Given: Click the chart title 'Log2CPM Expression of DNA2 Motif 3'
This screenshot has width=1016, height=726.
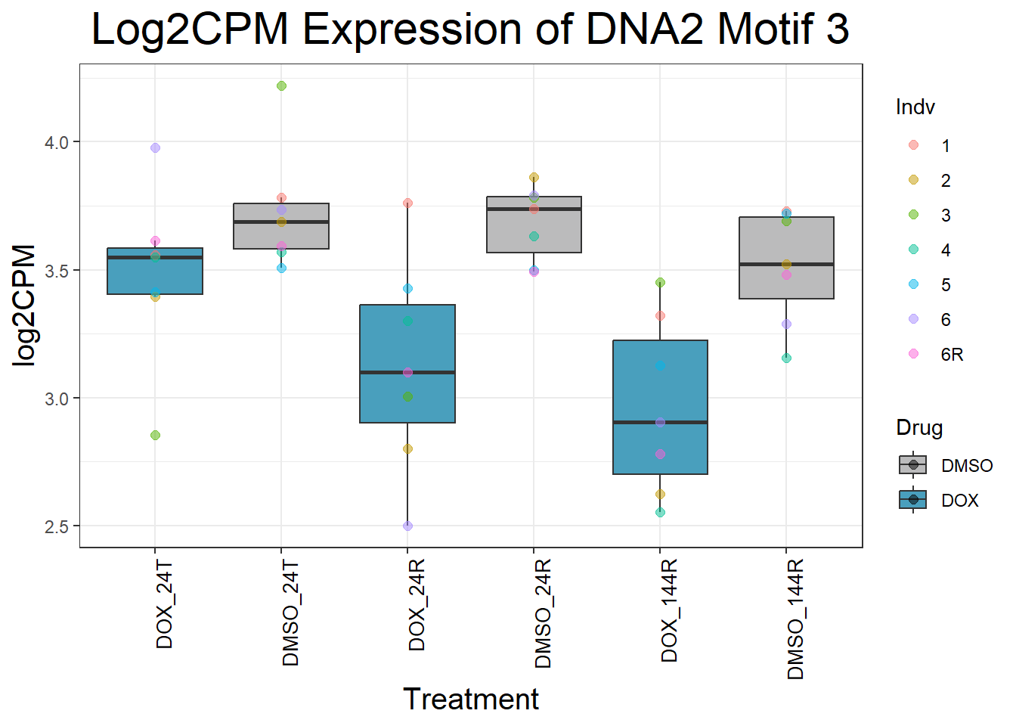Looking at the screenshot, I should pos(470,29).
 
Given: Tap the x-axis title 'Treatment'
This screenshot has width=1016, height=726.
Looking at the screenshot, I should pos(470,699).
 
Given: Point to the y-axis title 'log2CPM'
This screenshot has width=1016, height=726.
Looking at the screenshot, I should pos(25,306).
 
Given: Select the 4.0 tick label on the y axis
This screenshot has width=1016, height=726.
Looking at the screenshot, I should pos(57,142).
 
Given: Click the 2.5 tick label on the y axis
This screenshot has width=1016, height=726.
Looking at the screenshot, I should pos(57,526).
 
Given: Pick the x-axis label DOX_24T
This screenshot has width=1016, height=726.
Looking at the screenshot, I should pos(164,605).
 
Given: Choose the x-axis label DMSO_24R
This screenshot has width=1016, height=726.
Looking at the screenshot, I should pos(543,613).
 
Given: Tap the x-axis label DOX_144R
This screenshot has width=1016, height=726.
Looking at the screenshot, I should pos(669,611).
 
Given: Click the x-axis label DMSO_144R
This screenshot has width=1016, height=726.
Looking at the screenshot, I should pos(795,619).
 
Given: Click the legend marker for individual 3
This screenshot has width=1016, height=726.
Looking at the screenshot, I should pos(913,215).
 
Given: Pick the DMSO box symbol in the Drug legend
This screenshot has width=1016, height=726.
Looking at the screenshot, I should pos(913,464).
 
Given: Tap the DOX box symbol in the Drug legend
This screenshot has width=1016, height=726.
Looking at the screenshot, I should pos(913,500).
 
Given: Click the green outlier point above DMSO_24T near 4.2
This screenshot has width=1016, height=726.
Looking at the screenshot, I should pos(281,86).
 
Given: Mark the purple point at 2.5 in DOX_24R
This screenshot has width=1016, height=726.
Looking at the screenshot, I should pos(407,526).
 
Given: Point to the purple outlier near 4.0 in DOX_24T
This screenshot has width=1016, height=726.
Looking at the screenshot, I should pos(155,148).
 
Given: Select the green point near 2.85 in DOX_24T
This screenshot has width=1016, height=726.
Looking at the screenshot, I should pos(155,435).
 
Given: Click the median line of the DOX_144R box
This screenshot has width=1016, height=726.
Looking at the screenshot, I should pos(660,422).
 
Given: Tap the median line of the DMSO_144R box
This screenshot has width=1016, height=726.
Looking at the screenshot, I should pos(786,264).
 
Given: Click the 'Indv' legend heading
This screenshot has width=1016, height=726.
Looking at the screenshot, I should pos(915,107).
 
